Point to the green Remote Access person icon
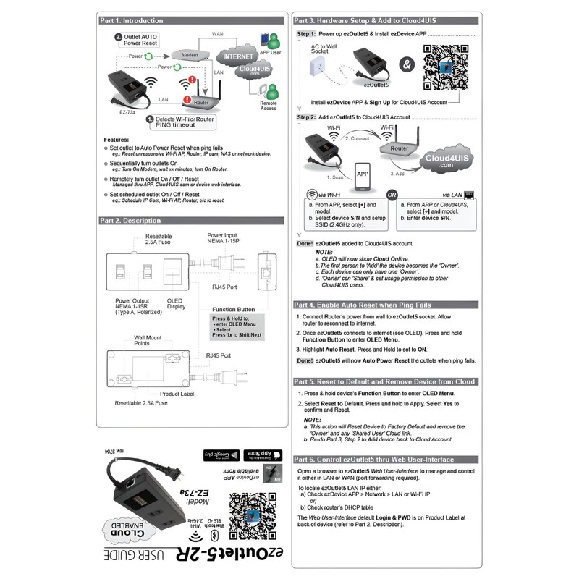[x=271, y=92]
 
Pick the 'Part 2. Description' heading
[x=131, y=221]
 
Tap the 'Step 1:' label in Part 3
[x=307, y=33]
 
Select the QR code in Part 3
[x=447, y=67]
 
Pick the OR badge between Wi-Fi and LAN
[x=392, y=194]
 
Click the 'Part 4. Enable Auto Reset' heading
[x=362, y=305]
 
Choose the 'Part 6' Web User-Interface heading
[x=373, y=460]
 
